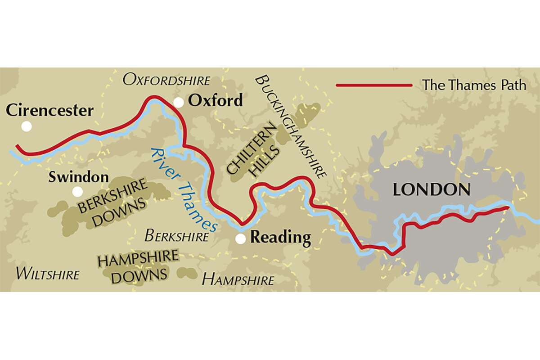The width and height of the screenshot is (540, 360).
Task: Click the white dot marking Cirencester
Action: tap(27, 126)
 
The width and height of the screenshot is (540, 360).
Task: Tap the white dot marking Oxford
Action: tap(179, 103)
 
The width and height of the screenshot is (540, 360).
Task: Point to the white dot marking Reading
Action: tap(241, 239)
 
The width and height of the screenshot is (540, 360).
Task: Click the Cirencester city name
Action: tap(49, 110)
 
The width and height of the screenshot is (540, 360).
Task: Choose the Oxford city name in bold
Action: tap(215, 100)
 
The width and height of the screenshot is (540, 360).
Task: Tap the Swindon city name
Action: tap(78, 177)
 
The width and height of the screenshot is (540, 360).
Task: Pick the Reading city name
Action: tap(280, 237)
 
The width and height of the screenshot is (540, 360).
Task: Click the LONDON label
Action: tap(432, 189)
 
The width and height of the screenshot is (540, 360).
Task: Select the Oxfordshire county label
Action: tap(166, 81)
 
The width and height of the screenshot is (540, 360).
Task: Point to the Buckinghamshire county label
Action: tap(290, 127)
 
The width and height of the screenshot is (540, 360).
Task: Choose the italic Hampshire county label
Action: tap(237, 280)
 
